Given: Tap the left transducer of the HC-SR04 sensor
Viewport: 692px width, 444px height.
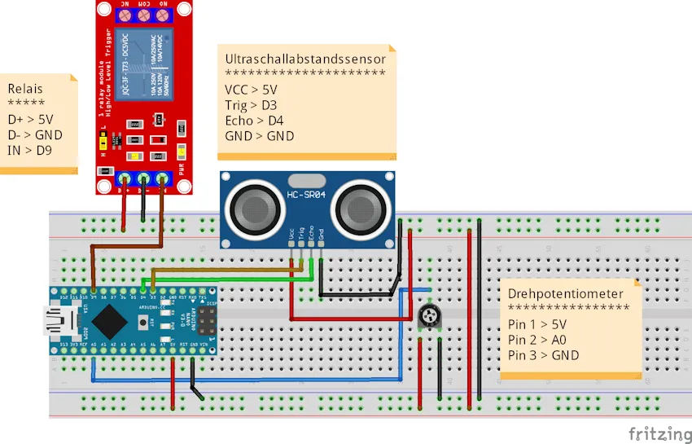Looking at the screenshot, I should point(256,206).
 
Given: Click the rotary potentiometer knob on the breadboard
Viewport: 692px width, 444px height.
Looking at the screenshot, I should point(428,317).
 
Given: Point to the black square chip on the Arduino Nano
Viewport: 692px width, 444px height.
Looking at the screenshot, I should point(110,321).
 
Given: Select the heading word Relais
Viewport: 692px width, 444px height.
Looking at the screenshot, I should point(25,88).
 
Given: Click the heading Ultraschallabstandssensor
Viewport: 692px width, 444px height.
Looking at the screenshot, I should point(305,59).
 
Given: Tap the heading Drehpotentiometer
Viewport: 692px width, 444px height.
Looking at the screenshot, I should point(565,293).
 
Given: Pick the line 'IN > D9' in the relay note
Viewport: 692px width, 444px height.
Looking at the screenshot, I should point(30,150).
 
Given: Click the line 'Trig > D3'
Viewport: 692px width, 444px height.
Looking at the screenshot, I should point(251,105).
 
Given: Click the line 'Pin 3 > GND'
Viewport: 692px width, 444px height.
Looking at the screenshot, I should point(543,354).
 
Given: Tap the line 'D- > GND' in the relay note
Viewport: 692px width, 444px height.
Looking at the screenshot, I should point(35,134).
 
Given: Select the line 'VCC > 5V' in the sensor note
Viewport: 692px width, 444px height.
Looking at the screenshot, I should point(251,90).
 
